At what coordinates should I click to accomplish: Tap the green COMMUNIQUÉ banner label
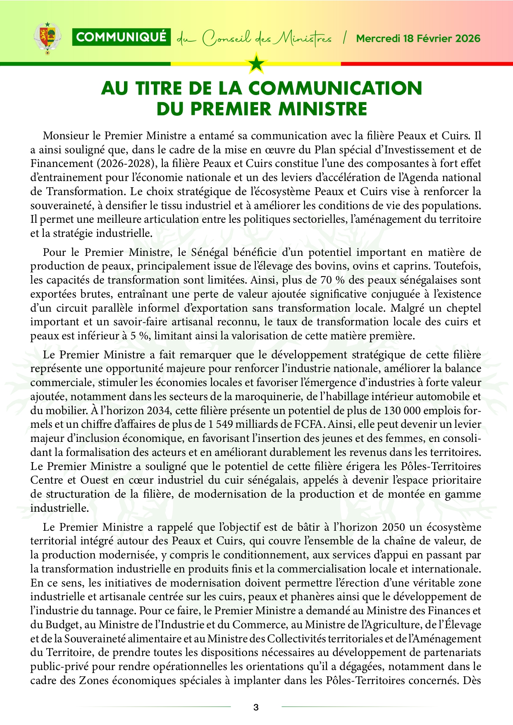[121, 37]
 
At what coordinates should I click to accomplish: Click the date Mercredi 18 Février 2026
[418, 38]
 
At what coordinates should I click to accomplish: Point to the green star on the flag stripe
[256, 63]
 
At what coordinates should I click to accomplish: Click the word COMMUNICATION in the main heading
[335, 88]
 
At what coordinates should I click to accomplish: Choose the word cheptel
[463, 308]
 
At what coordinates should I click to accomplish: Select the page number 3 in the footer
[256, 707]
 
